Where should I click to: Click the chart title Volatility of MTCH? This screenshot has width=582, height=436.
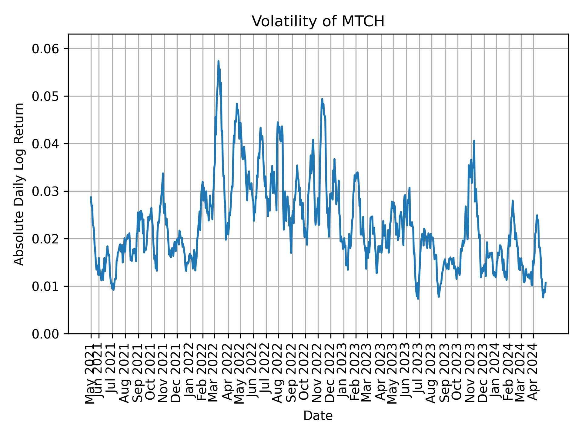click(x=318, y=21)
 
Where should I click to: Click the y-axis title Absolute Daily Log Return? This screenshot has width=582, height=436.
click(x=19, y=184)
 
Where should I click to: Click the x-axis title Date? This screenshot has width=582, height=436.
click(x=318, y=416)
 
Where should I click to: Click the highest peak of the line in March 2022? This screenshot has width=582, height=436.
click(x=218, y=61)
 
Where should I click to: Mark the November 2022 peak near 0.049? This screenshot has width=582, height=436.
click(x=322, y=99)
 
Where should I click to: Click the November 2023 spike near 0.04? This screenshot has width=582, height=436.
click(x=474, y=141)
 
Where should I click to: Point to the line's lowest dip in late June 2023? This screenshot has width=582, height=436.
click(x=418, y=299)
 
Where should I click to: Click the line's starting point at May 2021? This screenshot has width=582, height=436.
click(x=91, y=197)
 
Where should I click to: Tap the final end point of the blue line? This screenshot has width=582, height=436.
click(x=546, y=282)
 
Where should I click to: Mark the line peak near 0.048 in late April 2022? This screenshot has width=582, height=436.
click(x=237, y=104)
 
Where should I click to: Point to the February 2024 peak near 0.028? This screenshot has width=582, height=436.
click(x=513, y=200)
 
